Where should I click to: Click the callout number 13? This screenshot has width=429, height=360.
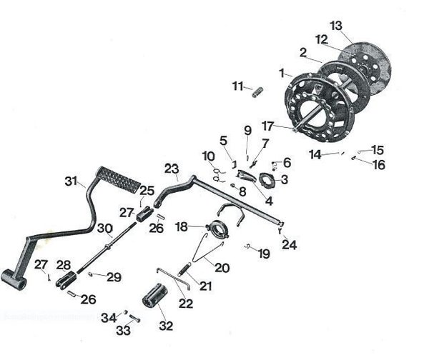pos(336,25)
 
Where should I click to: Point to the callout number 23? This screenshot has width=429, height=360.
pos(170,169)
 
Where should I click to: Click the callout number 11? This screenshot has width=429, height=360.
pos(237,86)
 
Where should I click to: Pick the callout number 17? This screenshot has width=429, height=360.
pos(267,125)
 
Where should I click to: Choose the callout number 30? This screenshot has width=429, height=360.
pos(105,229)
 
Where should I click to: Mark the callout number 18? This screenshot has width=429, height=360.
pos(182,226)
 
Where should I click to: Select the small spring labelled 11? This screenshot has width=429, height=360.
pos(259,91)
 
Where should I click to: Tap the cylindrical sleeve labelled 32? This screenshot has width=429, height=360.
pos(154,294)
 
